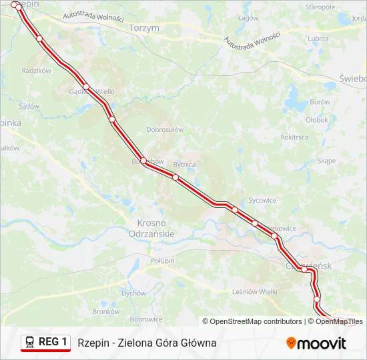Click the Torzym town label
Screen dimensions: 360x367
145,29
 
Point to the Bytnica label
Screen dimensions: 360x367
184,164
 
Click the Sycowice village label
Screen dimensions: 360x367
262,200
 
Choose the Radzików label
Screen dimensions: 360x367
37,71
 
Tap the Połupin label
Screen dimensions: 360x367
162,260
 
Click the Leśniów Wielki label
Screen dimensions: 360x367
255,291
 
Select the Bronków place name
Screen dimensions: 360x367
106,311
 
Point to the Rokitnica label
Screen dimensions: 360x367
294,137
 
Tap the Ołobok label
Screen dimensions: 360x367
317,120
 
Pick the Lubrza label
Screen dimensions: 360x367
319,39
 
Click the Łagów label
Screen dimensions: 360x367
248,18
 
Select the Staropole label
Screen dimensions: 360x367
320,7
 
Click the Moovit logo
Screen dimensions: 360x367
316,343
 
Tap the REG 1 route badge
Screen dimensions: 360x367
45,343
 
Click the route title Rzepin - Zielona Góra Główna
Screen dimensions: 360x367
147,343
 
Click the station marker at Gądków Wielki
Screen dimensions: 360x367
86,87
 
